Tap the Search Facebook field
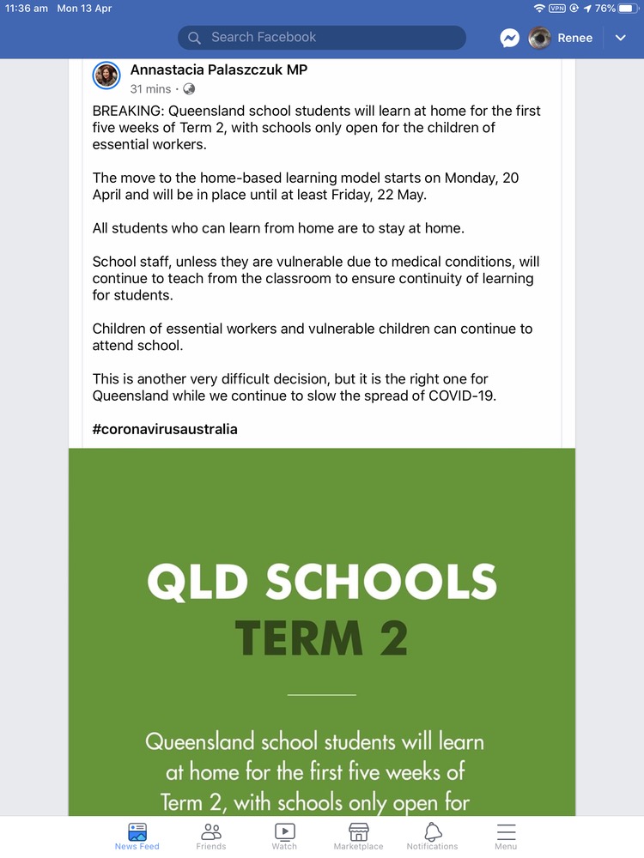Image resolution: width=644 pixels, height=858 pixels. [322, 38]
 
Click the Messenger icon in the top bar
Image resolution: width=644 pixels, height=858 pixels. [510, 38]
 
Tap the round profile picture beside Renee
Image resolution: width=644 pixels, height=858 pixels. [539, 38]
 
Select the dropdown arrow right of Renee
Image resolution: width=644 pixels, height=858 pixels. [621, 38]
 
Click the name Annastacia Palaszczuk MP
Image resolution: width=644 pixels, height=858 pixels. [218, 70]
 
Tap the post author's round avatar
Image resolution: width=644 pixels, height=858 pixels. [106, 76]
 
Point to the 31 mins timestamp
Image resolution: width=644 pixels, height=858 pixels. [150, 89]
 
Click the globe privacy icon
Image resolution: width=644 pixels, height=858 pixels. [189, 89]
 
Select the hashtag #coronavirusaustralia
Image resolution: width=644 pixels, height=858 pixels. [165, 429]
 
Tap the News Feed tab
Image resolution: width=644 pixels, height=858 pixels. [137, 835]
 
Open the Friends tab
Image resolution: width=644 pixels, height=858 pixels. [210, 835]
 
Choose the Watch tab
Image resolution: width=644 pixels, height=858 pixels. [284, 835]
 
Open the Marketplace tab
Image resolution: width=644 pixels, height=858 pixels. [358, 835]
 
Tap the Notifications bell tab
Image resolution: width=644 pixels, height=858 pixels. [433, 835]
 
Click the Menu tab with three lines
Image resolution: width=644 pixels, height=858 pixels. [506, 835]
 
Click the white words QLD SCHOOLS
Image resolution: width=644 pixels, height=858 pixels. [322, 583]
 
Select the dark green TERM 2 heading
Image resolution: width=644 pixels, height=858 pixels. [322, 637]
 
